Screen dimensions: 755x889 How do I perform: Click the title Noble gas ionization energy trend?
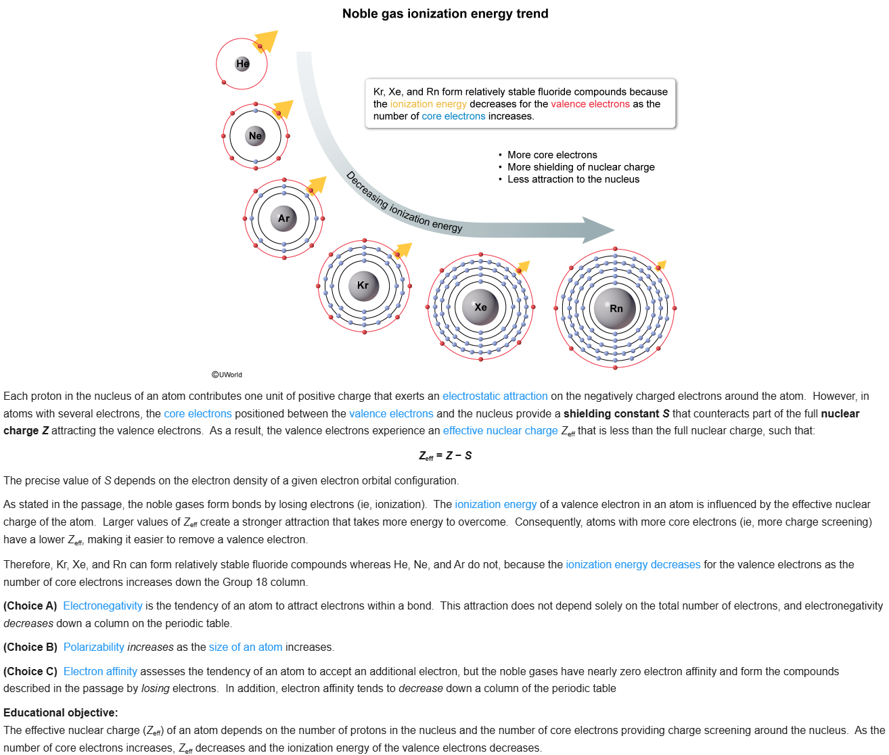[x=444, y=14]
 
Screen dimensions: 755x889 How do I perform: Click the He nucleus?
[x=242, y=64]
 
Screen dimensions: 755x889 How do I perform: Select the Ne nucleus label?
[x=255, y=136]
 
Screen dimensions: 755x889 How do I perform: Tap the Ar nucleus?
[x=283, y=219]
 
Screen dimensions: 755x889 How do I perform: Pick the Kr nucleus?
[x=363, y=285]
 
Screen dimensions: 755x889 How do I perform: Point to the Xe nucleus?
[x=480, y=307]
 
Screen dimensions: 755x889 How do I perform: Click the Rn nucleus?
[x=615, y=308]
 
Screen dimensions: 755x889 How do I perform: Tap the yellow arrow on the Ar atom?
[x=317, y=184]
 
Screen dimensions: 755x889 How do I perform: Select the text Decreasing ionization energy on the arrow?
[x=404, y=202]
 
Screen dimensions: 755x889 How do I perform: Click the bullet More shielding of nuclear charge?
[x=580, y=167]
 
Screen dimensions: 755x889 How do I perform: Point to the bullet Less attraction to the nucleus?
[x=573, y=179]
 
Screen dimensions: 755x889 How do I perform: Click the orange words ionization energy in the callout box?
[x=428, y=104]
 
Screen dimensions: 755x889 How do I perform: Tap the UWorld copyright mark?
[x=227, y=375]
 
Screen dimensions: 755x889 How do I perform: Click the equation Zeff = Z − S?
[x=444, y=455]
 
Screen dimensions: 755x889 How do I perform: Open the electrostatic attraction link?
[x=495, y=396]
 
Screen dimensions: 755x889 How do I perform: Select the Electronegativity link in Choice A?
[x=103, y=606]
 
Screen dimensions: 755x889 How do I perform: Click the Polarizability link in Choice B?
[x=94, y=647]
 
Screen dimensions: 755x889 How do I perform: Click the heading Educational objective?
[x=61, y=713]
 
